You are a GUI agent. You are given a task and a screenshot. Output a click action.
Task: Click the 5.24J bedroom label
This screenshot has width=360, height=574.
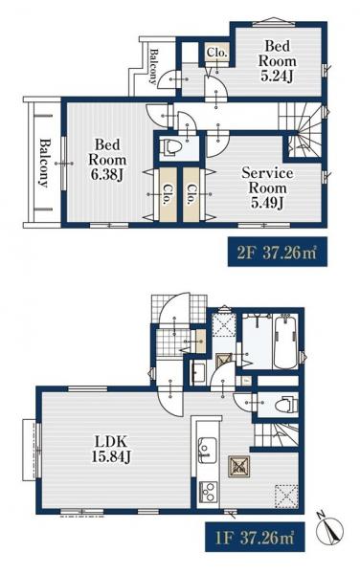pyautogui.click(x=277, y=61)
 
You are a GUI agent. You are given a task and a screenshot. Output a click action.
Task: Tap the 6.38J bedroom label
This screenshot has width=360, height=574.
pyautogui.click(x=107, y=160)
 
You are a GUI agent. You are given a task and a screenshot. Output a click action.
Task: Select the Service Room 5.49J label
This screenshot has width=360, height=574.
pyautogui.click(x=267, y=188)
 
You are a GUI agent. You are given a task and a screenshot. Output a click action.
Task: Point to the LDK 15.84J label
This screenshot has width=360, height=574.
pyautogui.click(x=111, y=450)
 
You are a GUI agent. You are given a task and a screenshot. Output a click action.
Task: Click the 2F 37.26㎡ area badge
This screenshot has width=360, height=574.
pyautogui.click(x=278, y=253)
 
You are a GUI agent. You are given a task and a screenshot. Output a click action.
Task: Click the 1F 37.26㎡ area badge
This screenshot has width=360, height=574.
pyautogui.click(x=255, y=537)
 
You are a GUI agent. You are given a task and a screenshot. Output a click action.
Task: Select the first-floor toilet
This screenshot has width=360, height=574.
pyautogui.click(x=286, y=404)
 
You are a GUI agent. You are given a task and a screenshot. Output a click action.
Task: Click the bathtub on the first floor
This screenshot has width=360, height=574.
pyautogui.click(x=285, y=342)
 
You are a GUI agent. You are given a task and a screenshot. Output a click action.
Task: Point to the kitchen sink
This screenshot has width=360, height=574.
pyautogui.click(x=207, y=450)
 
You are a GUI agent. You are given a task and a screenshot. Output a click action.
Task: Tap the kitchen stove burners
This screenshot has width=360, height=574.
pyautogui.click(x=208, y=493)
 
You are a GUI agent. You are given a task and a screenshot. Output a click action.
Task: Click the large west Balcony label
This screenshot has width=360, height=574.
pyautogui.click(x=44, y=163)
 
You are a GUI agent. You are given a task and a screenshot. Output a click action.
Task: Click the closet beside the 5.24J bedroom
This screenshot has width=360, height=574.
pyautogui.click(x=217, y=54)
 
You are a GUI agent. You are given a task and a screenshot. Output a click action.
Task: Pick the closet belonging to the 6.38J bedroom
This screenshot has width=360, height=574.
pyautogui.click(x=168, y=194)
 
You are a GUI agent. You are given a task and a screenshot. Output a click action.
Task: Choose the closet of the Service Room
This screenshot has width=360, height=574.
pyautogui.click(x=191, y=194)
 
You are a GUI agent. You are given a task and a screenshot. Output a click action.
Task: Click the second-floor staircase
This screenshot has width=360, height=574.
pyautogui.click(x=301, y=129)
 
